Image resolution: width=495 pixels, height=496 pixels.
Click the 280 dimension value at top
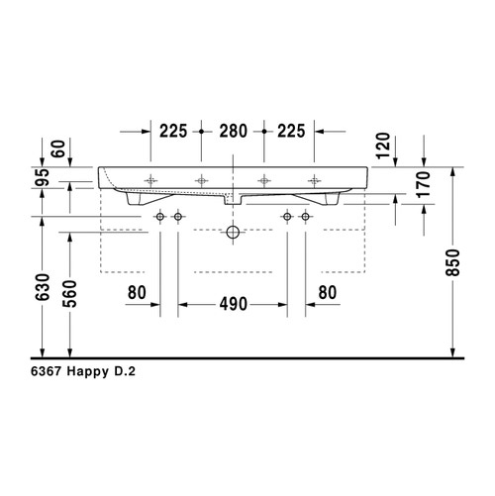click(233, 131)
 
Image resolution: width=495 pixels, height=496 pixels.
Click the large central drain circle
click(233, 233)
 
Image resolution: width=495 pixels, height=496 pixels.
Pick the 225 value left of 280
click(173, 131)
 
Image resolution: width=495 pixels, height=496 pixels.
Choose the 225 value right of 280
click(290, 131)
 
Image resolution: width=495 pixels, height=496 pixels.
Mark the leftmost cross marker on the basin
click(150, 180)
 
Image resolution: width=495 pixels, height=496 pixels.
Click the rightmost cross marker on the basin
click(315, 180)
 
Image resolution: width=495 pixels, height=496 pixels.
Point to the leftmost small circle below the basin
click(159, 216)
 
